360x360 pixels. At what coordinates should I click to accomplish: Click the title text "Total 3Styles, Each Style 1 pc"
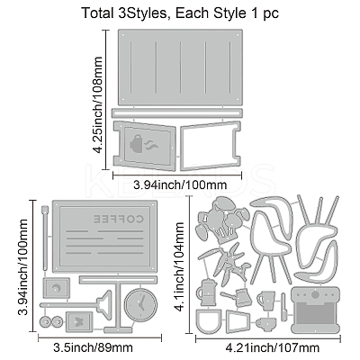click(180, 13)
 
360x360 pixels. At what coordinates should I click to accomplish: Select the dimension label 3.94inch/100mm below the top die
click(180, 184)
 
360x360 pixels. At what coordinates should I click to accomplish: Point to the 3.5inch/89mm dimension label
click(93, 347)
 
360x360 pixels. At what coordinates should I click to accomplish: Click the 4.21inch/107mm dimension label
click(273, 348)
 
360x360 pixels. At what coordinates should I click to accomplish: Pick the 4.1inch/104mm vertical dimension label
click(179, 267)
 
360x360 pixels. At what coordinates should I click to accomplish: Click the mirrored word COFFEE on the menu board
click(119, 219)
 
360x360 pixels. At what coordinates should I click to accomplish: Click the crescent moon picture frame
click(57, 288)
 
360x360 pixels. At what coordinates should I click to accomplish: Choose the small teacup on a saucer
click(266, 323)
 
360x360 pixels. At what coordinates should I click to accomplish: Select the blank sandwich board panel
click(210, 145)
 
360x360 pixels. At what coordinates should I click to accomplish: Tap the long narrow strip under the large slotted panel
click(177, 112)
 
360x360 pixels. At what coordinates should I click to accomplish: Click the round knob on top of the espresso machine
click(315, 294)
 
